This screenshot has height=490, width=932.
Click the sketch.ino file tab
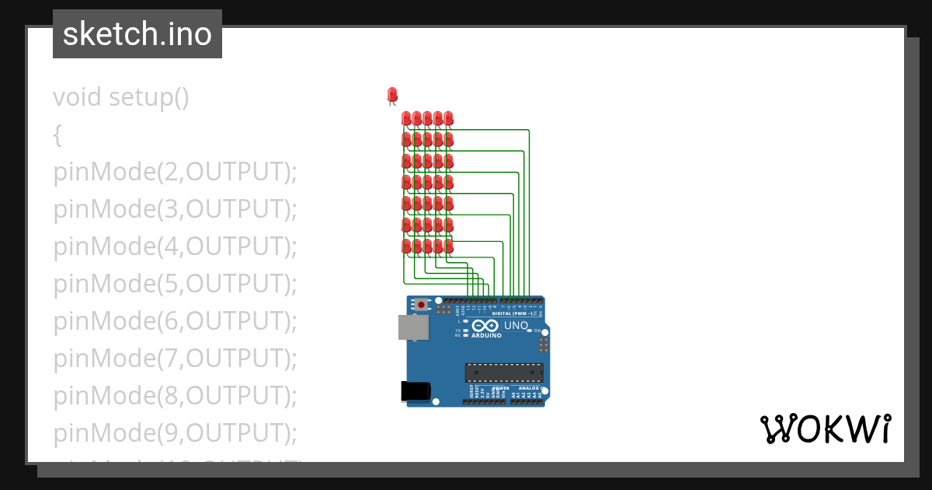[x=137, y=34]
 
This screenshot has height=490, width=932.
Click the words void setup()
[x=121, y=97]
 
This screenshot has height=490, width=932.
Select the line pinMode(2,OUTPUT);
[x=176, y=172]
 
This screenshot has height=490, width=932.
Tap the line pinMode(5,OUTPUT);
[x=176, y=284]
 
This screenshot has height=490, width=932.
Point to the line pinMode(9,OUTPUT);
[x=176, y=432]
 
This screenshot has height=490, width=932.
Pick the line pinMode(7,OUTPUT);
[x=176, y=358]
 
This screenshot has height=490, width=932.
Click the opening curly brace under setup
[x=57, y=135]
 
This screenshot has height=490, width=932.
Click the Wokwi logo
[x=825, y=429]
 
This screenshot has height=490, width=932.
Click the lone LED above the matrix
[x=391, y=95]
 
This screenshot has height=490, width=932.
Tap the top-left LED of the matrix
[x=406, y=118]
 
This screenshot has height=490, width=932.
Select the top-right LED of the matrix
[x=448, y=118]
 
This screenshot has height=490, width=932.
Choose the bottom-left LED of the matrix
[x=406, y=246]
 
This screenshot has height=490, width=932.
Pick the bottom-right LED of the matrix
[x=448, y=246]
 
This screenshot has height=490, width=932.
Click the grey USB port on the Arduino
[x=413, y=327]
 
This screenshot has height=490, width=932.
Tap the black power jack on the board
[x=415, y=391]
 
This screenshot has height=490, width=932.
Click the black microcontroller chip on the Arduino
[x=503, y=373]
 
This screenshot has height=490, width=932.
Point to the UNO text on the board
[x=516, y=326]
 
